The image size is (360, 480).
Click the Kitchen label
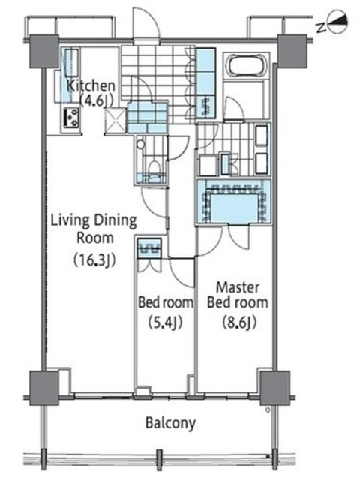91,86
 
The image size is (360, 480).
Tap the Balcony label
170,424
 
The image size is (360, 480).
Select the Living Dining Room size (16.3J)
94,260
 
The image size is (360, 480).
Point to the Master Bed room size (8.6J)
239,322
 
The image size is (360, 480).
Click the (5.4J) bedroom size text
165,322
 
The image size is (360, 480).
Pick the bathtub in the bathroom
246,64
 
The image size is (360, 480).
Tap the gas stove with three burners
71,118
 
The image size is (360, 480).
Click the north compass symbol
337,23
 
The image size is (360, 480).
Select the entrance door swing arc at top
145,23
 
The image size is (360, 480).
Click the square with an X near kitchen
115,121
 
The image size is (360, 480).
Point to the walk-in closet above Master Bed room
234,202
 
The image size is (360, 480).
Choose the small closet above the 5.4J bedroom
149,248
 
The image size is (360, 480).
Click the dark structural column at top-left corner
43,51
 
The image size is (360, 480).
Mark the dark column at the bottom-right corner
275,388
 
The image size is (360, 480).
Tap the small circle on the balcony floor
268,409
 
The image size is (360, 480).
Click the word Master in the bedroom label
238,287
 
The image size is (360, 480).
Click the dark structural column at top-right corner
292,51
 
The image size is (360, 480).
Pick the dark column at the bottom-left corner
43,388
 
